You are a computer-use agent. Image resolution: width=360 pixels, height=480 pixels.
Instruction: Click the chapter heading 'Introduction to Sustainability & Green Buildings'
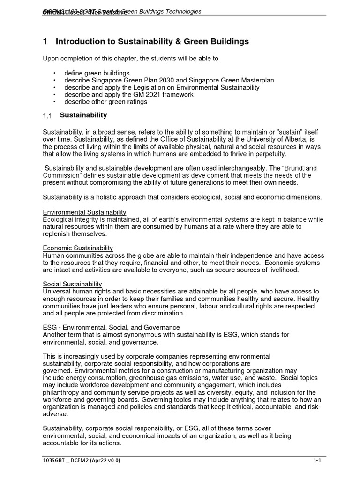[152, 42]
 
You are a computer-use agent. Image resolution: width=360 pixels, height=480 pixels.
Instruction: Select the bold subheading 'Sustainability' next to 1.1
[83, 115]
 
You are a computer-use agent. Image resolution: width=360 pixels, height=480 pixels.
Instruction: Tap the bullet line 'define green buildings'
[97, 73]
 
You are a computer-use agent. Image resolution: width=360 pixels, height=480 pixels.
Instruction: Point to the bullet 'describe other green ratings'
[105, 102]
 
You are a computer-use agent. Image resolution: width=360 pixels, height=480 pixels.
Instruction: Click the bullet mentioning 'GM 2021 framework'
[128, 95]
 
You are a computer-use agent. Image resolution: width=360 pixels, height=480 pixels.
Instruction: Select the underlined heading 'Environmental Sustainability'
[84, 212]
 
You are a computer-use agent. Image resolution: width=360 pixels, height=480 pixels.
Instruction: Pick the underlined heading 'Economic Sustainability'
[78, 248]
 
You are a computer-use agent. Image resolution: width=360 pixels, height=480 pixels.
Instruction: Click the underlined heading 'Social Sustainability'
[72, 284]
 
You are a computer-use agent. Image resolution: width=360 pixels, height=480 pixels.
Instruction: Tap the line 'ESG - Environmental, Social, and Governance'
[111, 327]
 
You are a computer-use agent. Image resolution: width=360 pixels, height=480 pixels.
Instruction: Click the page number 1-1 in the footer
[317, 461]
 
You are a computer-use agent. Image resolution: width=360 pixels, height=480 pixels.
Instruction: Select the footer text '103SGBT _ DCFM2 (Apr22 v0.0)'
[81, 461]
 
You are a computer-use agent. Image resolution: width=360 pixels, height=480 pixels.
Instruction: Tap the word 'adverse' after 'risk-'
[55, 414]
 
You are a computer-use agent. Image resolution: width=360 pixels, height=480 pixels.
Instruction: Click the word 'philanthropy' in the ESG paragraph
[61, 392]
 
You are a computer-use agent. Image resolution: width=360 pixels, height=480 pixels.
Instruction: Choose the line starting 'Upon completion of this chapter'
[130, 59]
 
